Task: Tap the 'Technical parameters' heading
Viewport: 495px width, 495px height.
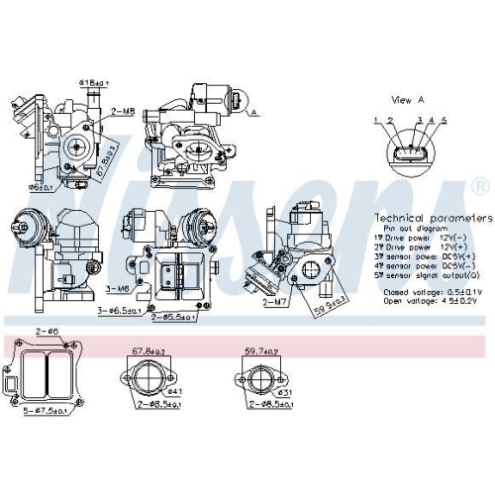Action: pos(433,217)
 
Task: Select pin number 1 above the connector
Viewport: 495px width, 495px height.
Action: pos(376,120)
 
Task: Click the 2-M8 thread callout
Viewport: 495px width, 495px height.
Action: pos(123,112)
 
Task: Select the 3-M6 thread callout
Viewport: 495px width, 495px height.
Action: pos(117,288)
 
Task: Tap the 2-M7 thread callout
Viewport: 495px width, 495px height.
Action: pos(275,302)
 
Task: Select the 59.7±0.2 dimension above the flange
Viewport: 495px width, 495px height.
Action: pos(261,350)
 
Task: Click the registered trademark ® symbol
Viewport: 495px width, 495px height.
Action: pos(480,186)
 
